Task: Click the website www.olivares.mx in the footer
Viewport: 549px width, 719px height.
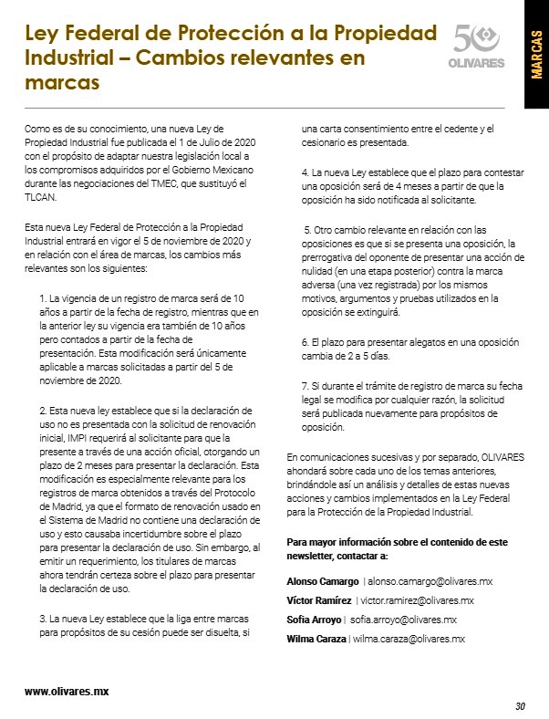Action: tap(67, 691)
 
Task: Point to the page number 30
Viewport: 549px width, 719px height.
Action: tap(520, 705)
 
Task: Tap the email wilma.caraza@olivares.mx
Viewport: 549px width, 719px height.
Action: tap(409, 639)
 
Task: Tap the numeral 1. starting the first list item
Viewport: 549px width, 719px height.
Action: tap(43, 298)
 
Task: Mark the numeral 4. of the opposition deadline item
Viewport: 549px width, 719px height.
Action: tap(305, 172)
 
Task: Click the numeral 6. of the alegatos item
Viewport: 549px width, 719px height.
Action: tap(305, 341)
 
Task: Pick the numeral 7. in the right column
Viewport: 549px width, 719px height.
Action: tap(305, 384)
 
